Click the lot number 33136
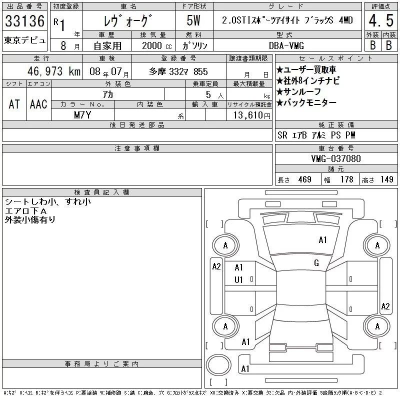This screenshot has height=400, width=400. [x=24, y=21]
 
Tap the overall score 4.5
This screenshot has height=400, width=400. [x=381, y=20]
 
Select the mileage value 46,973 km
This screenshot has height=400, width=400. [x=54, y=71]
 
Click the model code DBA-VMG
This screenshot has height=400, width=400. [x=286, y=45]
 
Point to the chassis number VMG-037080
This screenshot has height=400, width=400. [x=336, y=158]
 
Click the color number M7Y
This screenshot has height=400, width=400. [x=82, y=115]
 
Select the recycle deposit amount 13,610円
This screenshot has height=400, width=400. [x=251, y=115]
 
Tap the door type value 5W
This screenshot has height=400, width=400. [x=193, y=20]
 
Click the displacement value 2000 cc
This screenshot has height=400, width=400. [x=156, y=45]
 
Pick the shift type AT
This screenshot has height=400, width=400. [x=14, y=104]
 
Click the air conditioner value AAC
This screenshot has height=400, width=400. [x=38, y=104]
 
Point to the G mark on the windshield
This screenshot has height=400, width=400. [x=316, y=263]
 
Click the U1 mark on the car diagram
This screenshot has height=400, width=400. [x=238, y=280]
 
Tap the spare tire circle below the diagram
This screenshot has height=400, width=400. [x=218, y=365]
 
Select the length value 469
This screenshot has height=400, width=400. [x=304, y=179]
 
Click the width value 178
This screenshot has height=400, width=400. [x=346, y=179]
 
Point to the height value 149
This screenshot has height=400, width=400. [x=386, y=179]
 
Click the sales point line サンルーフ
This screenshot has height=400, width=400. [x=298, y=91]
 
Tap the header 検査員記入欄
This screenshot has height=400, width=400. [x=101, y=192]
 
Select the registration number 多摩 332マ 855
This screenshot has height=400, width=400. [x=178, y=71]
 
